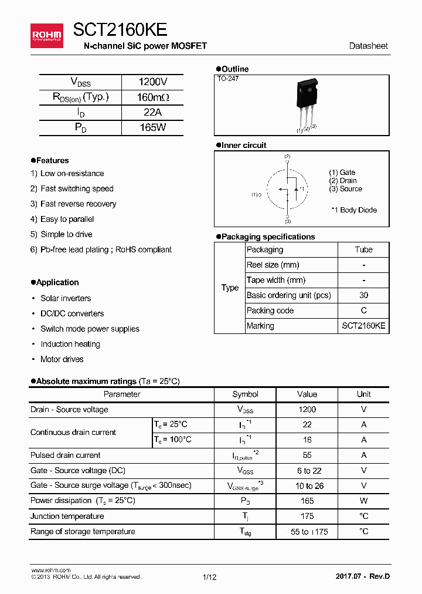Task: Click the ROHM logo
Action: [46, 36]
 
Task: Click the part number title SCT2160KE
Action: [120, 31]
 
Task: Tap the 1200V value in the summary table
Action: [152, 82]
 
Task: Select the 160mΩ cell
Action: [152, 97]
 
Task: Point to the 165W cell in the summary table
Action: [152, 127]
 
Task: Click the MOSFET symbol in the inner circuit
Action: [287, 189]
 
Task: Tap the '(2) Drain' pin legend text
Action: [343, 181]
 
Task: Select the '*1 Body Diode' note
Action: [354, 210]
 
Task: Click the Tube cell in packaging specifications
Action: [363, 249]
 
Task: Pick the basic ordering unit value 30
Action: [363, 295]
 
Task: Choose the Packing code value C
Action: [363, 310]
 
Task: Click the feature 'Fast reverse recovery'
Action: [78, 204]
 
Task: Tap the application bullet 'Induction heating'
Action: [70, 344]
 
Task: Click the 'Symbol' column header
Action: [245, 394]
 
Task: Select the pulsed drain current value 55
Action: [307, 455]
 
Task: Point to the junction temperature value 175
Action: [307, 516]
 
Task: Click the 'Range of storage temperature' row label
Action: [83, 531]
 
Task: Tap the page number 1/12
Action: [209, 577]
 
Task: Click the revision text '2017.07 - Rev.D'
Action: [362, 576]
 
